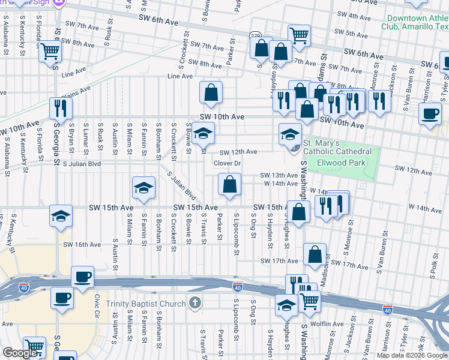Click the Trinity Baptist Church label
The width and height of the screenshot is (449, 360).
146,304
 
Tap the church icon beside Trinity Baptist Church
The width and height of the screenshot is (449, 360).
194,304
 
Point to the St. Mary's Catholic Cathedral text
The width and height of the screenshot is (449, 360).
330,147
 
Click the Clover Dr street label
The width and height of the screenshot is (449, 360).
227,163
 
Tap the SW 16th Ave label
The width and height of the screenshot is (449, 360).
82,245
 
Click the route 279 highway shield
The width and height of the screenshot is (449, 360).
255,37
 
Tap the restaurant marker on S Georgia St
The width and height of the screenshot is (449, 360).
61,108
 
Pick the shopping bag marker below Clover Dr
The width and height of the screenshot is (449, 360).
229,185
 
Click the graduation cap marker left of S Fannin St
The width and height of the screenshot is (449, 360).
143,190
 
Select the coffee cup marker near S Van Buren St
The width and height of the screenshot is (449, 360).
430,113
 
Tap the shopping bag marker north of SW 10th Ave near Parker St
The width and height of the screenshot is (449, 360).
211,92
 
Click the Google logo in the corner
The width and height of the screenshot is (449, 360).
20,353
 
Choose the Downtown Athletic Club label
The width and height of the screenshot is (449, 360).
414,22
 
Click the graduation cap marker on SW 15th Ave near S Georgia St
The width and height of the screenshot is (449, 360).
61,217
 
